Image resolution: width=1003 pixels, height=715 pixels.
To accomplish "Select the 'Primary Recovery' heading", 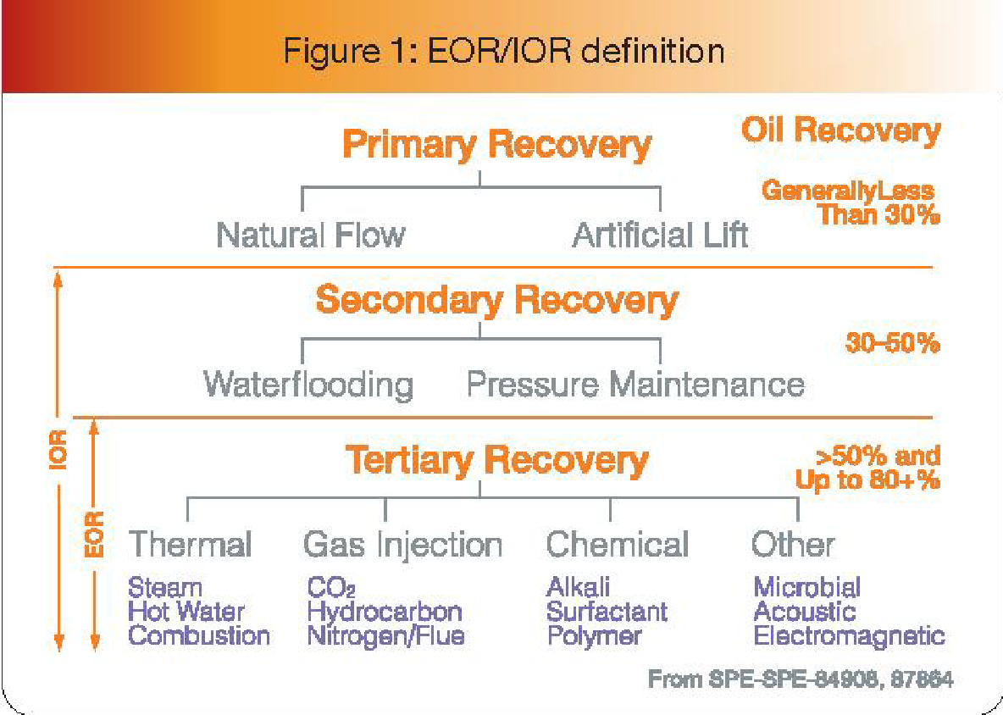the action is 496,146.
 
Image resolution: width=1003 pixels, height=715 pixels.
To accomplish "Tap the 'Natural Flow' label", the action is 311,235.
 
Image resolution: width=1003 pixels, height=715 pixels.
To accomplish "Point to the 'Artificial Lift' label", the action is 660,235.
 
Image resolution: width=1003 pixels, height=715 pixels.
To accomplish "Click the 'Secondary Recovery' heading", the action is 496,299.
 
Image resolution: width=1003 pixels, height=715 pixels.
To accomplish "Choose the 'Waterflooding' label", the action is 308,385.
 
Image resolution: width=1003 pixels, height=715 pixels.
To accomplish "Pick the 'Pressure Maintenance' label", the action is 635,385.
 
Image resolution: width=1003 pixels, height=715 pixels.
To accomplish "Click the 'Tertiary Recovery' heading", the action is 496,459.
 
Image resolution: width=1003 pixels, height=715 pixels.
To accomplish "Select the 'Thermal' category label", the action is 190,544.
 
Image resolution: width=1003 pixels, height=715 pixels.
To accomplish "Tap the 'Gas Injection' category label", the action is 403,544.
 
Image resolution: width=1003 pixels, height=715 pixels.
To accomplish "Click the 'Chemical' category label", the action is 618,544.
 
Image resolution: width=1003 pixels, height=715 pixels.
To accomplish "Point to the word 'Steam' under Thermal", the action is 165,587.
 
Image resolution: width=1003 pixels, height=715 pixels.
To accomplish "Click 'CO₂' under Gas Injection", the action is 331,587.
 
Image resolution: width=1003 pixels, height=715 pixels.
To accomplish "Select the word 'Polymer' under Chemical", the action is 594,635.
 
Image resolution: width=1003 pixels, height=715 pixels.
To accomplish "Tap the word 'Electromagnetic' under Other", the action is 849,635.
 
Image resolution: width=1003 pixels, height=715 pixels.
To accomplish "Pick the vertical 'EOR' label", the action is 96,534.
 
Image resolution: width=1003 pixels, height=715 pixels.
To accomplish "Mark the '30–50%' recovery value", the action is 892,345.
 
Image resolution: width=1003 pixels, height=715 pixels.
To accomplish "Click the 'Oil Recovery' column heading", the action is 840,130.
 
